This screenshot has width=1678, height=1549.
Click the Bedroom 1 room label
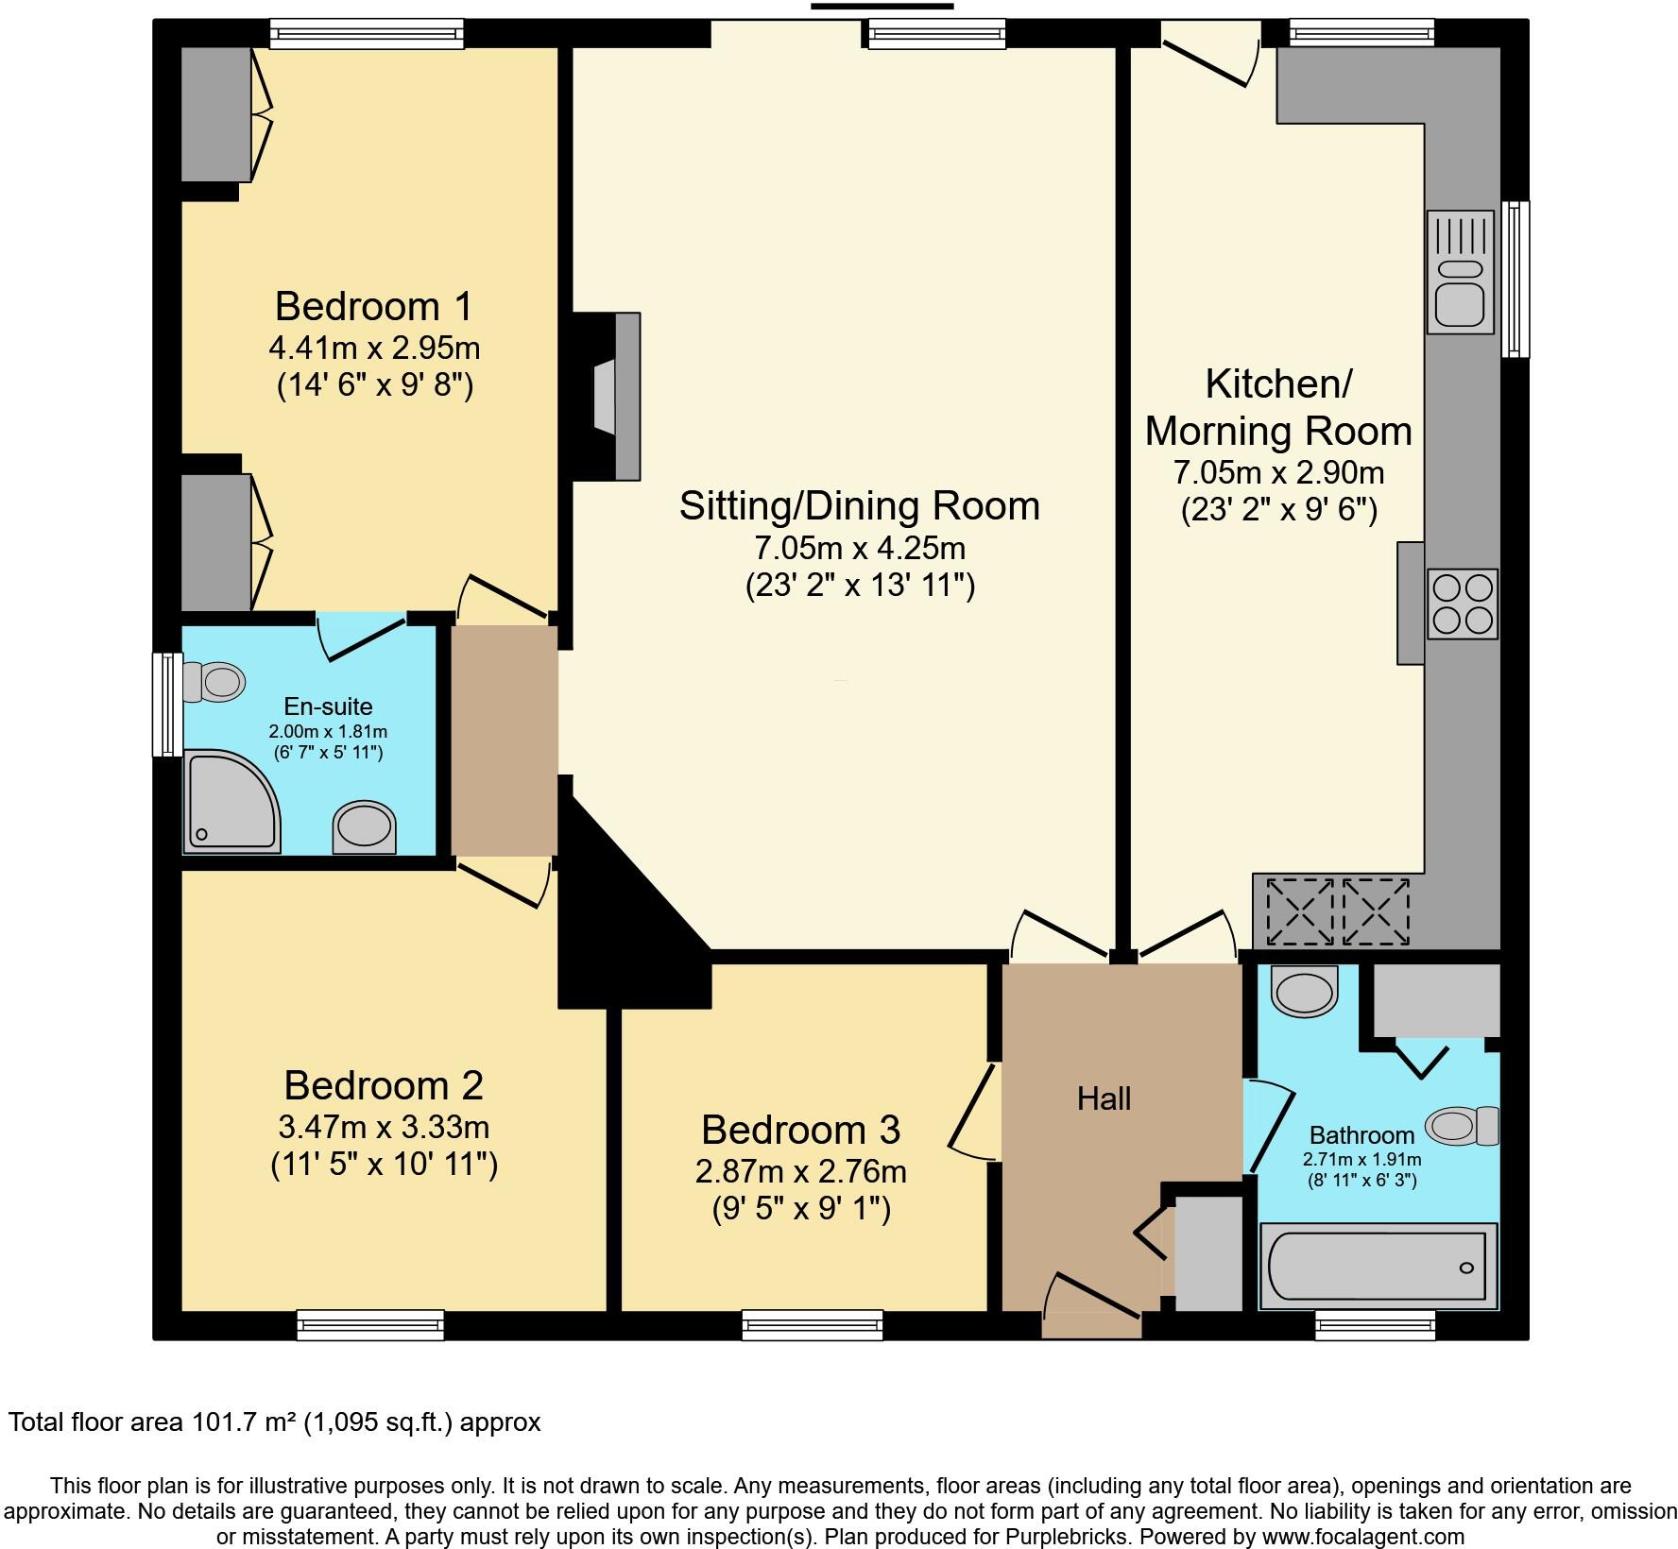(373, 307)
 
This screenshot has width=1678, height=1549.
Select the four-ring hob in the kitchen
(1462, 604)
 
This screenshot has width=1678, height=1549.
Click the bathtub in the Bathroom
(1378, 1267)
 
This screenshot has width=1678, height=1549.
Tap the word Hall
(1104, 1098)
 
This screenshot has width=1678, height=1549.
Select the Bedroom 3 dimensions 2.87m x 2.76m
(800, 1171)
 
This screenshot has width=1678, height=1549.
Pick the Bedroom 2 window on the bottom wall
(370, 1324)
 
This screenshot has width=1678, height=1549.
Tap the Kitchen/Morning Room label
(1278, 407)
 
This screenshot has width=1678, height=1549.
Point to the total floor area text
(275, 1422)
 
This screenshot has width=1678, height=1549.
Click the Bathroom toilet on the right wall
(1462, 1125)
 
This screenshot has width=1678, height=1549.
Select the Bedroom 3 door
(973, 1110)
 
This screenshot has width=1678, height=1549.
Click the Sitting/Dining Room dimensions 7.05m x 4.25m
(859, 547)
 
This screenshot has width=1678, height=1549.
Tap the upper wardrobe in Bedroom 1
(216, 114)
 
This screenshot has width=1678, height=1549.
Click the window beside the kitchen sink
(1515, 279)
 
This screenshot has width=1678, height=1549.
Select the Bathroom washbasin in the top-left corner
(1305, 992)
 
